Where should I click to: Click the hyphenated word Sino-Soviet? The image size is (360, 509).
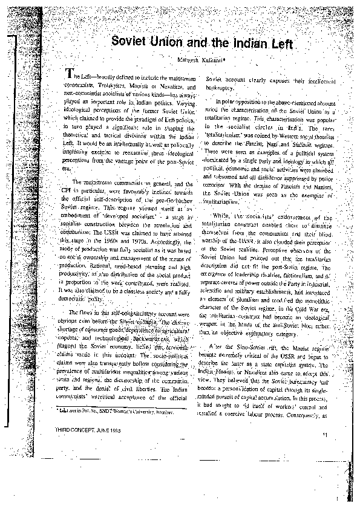point(250,349)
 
